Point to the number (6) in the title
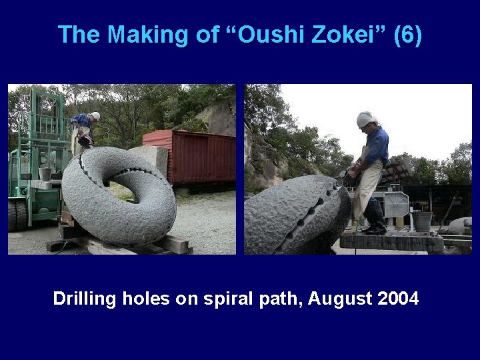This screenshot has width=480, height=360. click(x=407, y=35)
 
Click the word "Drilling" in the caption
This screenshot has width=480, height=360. click(x=85, y=299)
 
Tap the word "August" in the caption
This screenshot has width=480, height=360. click(x=340, y=299)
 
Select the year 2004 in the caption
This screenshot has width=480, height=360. click(x=398, y=299)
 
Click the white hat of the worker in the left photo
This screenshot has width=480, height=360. click(x=95, y=116)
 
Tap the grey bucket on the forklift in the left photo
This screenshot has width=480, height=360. click(x=45, y=173)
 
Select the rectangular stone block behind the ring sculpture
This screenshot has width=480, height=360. click(x=151, y=159)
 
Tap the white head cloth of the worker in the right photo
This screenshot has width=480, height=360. click(x=365, y=119)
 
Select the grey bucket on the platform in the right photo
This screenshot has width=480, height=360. click(x=421, y=221)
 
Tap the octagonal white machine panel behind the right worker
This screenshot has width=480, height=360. click(x=396, y=205)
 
